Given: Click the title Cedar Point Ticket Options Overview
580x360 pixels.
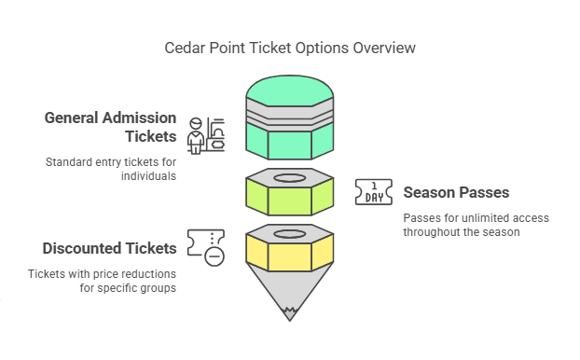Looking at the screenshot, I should tap(289, 47).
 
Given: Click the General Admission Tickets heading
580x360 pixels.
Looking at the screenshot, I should tap(111, 128).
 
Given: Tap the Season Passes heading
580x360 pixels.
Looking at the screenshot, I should tap(456, 193).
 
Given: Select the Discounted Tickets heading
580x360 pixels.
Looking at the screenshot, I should tap(109, 248).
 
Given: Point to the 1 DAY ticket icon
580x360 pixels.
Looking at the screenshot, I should tap(374, 191).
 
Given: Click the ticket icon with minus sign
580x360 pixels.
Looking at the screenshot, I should tap(205, 247).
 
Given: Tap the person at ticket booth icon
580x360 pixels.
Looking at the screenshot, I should tap(205, 136).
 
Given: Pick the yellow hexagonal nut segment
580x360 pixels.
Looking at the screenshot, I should tap(290, 252).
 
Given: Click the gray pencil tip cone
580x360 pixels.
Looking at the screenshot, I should tap(290, 294).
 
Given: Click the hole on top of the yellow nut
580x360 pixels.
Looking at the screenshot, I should tap(290, 233).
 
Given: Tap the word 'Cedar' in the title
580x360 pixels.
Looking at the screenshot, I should tap(185, 47).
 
